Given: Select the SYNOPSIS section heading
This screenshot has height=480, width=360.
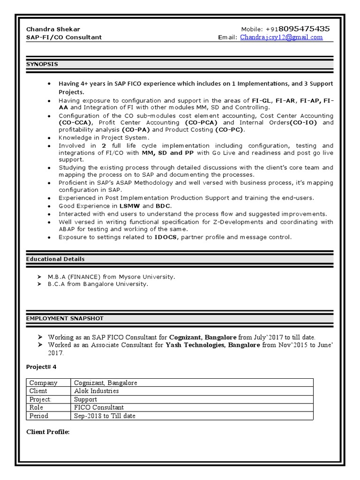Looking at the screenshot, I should coord(42,64).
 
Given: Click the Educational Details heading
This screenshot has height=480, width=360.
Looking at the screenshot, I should coord(55,259).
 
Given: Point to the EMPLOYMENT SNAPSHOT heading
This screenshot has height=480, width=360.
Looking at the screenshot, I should coord(65,318).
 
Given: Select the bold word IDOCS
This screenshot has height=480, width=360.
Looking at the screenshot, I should coord(166,237).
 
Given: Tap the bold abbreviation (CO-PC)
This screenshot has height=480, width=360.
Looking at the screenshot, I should coord(230,130).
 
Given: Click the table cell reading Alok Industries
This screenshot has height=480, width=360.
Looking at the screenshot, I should coord(96,391).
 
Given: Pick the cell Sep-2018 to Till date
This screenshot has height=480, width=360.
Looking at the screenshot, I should coord(105,416).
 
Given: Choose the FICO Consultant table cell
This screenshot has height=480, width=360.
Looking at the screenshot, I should coord(99,408).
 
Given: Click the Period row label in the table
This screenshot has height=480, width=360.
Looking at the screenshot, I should coord(38,416).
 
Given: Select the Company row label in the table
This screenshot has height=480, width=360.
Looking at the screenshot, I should coord(43,383).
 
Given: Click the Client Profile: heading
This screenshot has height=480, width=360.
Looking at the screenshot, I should coord(48,432).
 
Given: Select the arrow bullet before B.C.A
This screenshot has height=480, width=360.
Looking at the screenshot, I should coord(39,284).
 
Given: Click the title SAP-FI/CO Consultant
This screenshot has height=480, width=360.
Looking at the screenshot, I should coord(64,37).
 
